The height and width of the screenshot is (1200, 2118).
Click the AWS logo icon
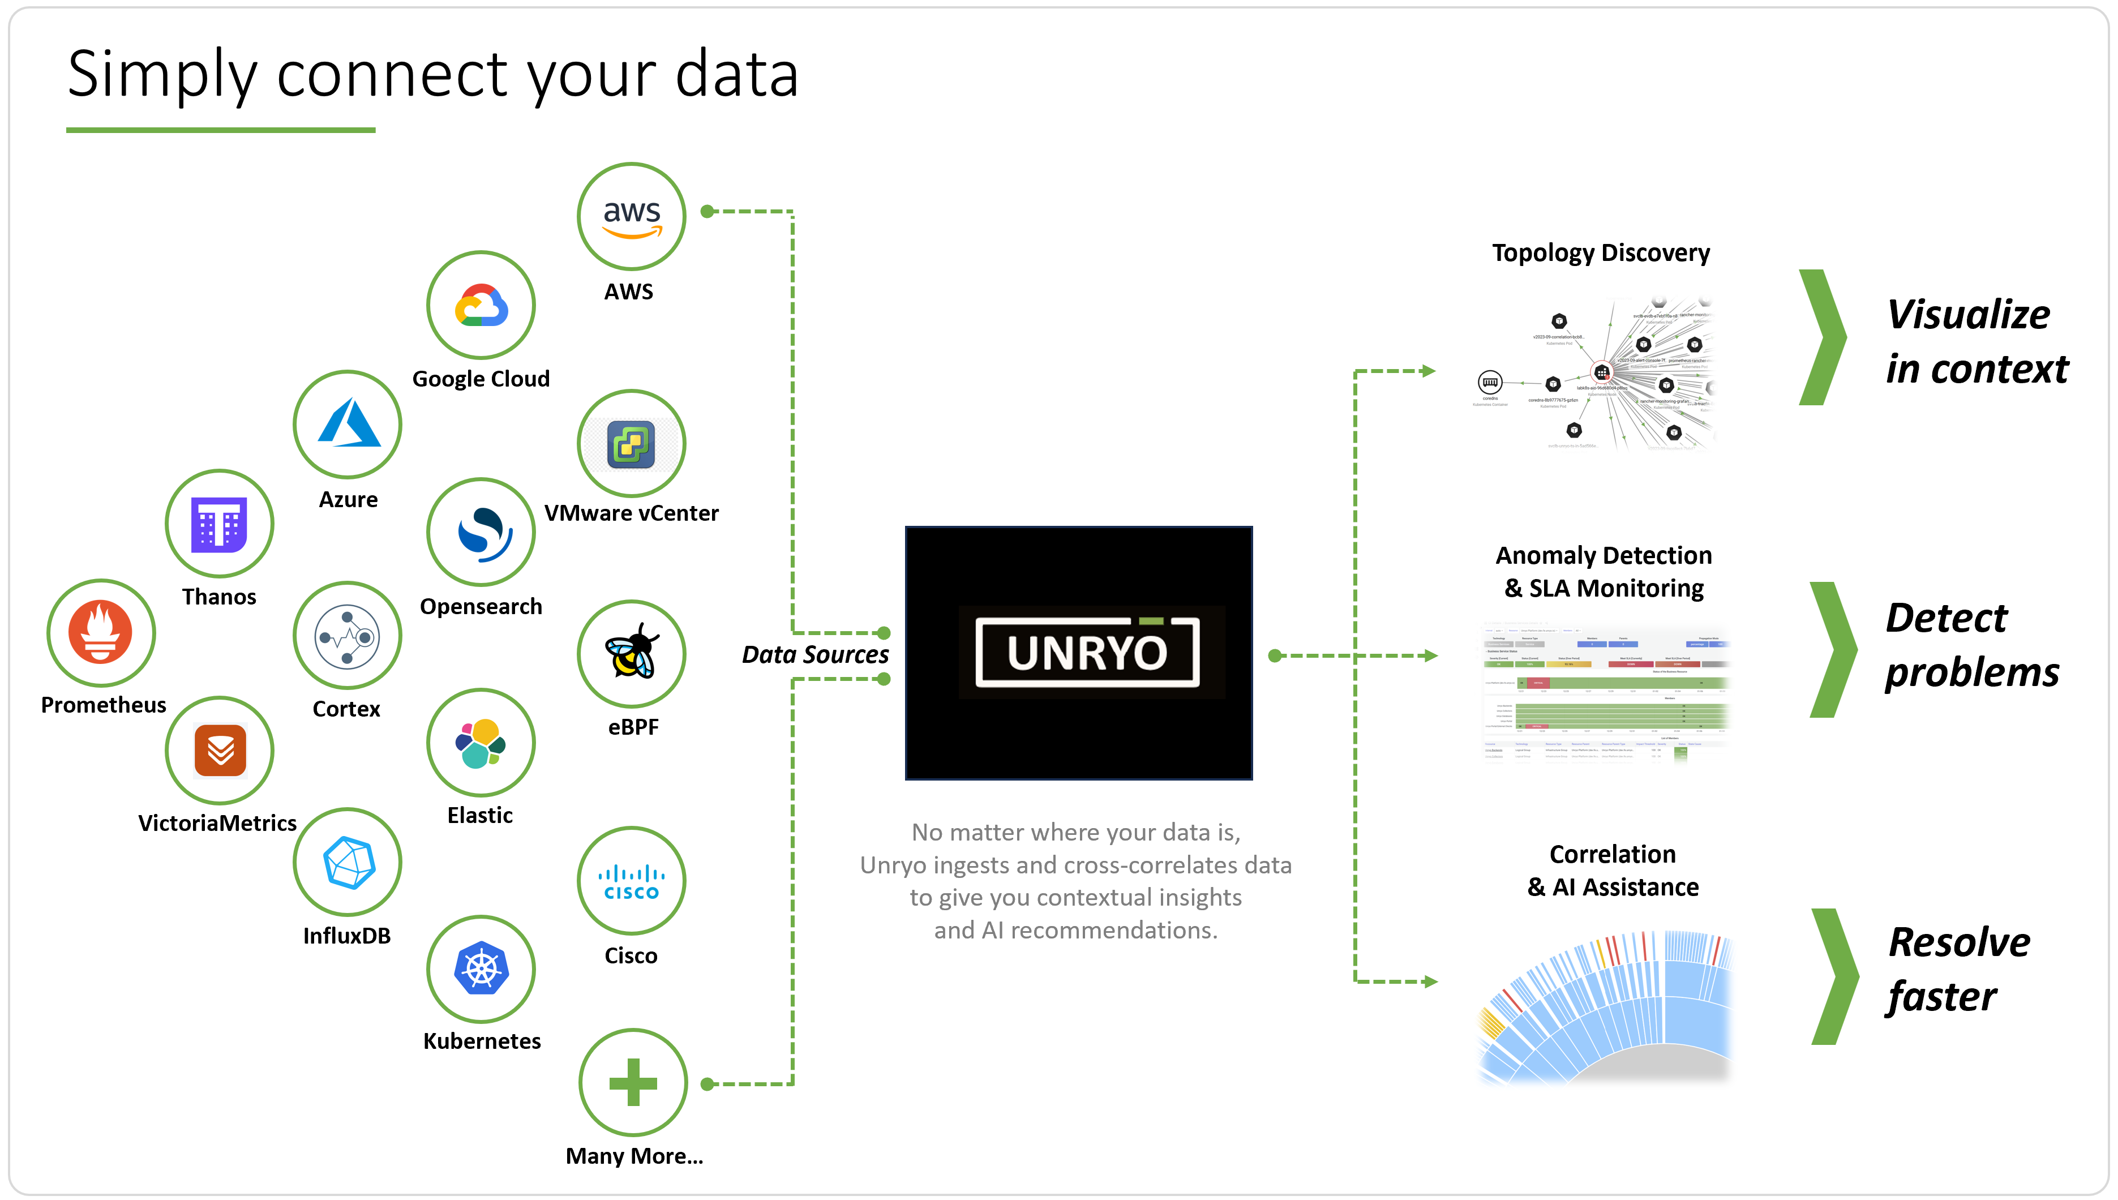[631, 217]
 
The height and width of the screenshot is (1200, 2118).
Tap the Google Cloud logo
[481, 306]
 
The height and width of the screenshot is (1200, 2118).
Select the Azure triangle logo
[348, 425]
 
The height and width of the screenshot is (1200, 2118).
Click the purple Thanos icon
[219, 524]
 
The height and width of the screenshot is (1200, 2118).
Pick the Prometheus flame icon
[101, 632]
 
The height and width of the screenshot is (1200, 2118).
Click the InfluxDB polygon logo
[348, 862]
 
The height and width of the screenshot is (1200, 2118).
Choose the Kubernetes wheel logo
[481, 969]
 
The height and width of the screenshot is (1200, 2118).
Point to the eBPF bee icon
[631, 653]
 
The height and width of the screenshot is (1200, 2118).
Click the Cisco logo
[631, 881]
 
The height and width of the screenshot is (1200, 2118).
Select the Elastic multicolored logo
[481, 743]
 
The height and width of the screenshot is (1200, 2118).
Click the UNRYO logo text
[1086, 653]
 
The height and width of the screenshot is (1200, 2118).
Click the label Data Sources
[815, 654]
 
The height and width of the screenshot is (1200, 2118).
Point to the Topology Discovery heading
[1601, 252]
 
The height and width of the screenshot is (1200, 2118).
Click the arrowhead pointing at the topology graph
[1428, 372]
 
